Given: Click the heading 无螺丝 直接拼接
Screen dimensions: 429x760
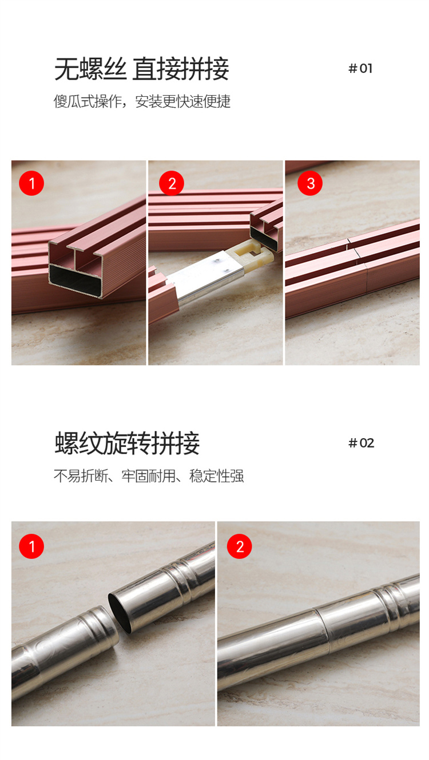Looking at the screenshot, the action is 142,69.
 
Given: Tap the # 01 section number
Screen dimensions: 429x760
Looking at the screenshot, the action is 360,69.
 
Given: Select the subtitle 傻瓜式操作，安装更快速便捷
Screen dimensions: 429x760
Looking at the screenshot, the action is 142,101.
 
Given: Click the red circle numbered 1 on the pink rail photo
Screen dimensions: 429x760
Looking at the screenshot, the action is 31,183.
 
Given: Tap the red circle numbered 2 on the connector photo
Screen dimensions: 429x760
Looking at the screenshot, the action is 172,183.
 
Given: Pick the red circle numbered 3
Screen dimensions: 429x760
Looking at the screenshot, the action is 310,183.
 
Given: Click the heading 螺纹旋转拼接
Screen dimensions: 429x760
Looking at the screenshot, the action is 127,443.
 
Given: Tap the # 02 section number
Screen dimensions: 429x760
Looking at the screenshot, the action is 362,443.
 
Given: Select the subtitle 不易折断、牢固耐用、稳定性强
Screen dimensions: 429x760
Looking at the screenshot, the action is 149,476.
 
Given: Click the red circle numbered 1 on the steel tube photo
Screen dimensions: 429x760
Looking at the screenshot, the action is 31,546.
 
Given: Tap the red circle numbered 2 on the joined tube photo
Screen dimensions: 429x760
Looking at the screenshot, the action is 239,546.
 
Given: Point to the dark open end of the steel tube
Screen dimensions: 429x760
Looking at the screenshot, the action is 120,613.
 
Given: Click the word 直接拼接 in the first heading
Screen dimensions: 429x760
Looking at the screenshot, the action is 181,69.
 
